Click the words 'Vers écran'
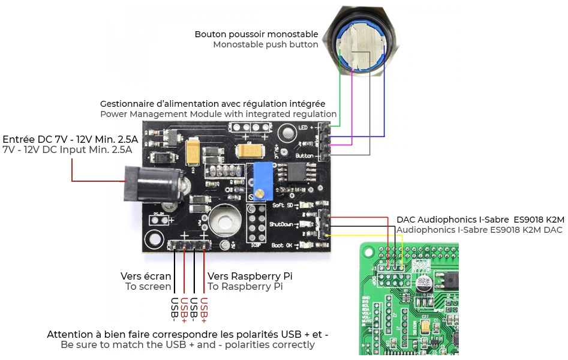tap(146, 276)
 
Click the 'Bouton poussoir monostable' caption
tap(256, 34)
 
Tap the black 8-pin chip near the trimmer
tap(295, 173)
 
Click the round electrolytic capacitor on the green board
tap(426, 283)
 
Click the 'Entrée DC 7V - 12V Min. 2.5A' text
tap(70, 139)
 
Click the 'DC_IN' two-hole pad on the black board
tap(158, 220)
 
